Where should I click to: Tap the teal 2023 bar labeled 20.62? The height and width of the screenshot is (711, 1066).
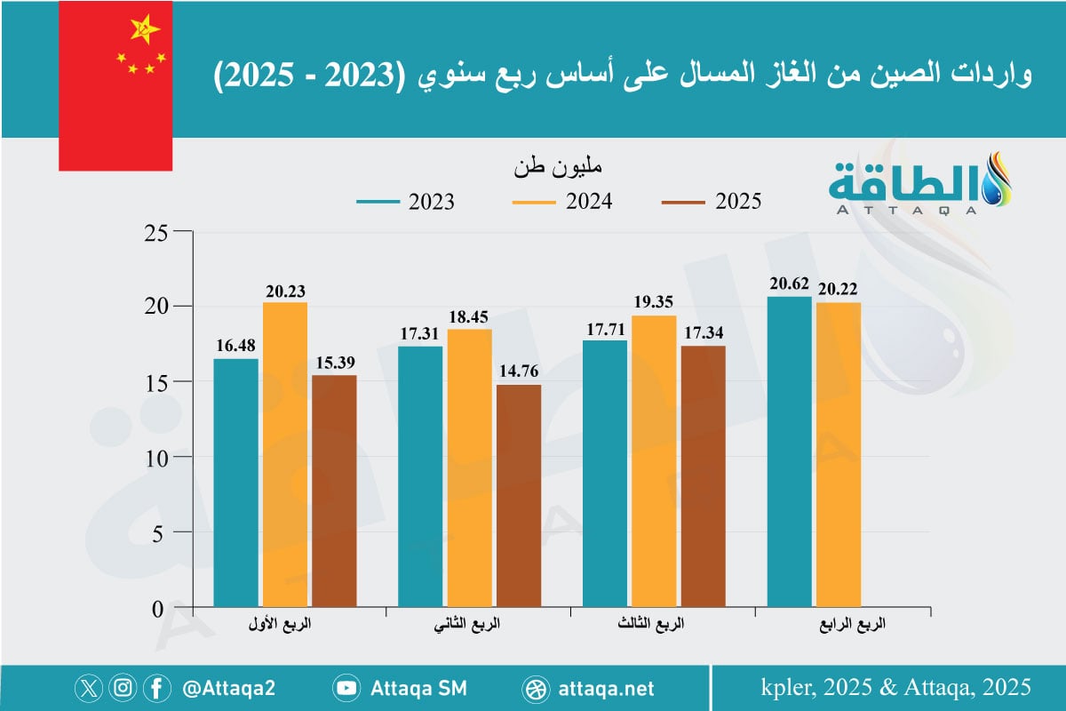click(x=789, y=452)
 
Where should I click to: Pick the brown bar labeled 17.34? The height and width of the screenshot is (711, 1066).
click(x=703, y=476)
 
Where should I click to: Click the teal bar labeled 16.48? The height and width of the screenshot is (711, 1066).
click(x=236, y=483)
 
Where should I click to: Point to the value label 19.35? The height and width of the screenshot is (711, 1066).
click(x=654, y=302)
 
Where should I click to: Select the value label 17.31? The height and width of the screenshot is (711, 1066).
click(x=420, y=333)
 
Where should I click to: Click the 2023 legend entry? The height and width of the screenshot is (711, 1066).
click(x=405, y=202)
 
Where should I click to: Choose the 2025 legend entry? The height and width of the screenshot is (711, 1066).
click(x=712, y=202)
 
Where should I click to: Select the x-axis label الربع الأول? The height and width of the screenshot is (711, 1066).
click(x=273, y=625)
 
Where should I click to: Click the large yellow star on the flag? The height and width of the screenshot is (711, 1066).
click(x=143, y=30)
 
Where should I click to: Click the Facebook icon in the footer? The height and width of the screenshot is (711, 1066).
click(x=156, y=688)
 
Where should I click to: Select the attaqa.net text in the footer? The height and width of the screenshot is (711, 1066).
click(x=608, y=688)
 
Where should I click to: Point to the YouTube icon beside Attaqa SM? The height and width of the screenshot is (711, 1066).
click(x=346, y=688)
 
